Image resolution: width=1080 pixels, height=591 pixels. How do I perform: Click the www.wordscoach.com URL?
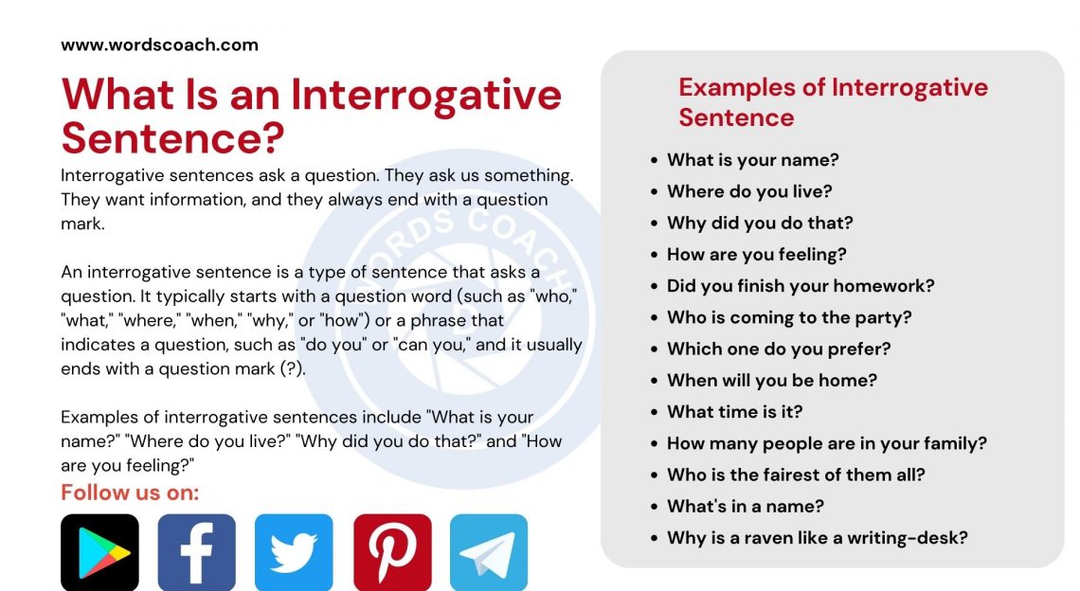click(x=159, y=45)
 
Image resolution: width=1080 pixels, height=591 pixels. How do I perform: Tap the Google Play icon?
click(x=99, y=552)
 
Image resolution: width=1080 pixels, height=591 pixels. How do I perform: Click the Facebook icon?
click(x=196, y=552)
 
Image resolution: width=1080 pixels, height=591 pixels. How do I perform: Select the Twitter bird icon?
click(x=294, y=552)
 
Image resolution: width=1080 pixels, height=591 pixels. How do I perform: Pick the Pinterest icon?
click(x=392, y=552)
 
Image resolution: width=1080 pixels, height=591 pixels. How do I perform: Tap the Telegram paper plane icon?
click(x=489, y=552)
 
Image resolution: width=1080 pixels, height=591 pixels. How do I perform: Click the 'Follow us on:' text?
click(x=130, y=492)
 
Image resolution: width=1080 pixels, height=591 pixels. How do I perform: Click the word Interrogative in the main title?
click(x=426, y=95)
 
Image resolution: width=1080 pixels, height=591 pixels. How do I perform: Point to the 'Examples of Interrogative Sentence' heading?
click(x=833, y=102)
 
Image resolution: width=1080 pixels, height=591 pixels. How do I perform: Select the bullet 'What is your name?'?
click(x=752, y=160)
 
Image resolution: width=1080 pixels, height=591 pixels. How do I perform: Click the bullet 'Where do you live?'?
click(x=748, y=191)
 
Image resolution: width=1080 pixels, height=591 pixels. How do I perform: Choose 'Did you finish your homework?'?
click(x=801, y=286)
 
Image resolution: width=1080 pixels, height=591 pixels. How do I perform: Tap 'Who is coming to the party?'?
click(x=788, y=317)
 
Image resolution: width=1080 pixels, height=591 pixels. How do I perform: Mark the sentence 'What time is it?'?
click(x=734, y=412)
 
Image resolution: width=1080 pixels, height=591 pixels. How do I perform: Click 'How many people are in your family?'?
click(x=826, y=443)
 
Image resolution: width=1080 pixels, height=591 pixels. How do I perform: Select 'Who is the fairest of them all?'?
click(x=796, y=475)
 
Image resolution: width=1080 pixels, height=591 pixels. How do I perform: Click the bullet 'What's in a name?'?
click(x=745, y=506)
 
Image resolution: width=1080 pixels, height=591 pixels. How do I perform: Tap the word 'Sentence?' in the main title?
click(x=172, y=138)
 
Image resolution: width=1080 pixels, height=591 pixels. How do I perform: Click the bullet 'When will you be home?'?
click(x=771, y=380)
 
